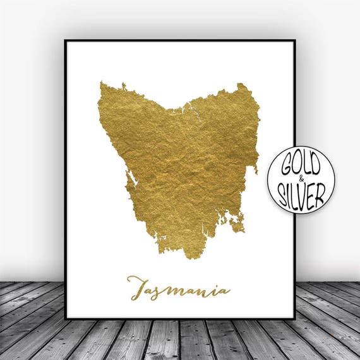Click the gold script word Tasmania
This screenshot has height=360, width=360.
(x=178, y=290)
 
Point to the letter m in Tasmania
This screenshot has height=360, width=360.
(x=186, y=292)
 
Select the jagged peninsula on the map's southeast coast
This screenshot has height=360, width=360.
(x=237, y=221)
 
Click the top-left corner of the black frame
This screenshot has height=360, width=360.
(x=66, y=41)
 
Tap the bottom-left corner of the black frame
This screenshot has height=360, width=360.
(x=66, y=318)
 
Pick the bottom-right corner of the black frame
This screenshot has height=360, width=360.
(x=294, y=318)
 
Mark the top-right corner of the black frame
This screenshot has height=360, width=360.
(x=294, y=41)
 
